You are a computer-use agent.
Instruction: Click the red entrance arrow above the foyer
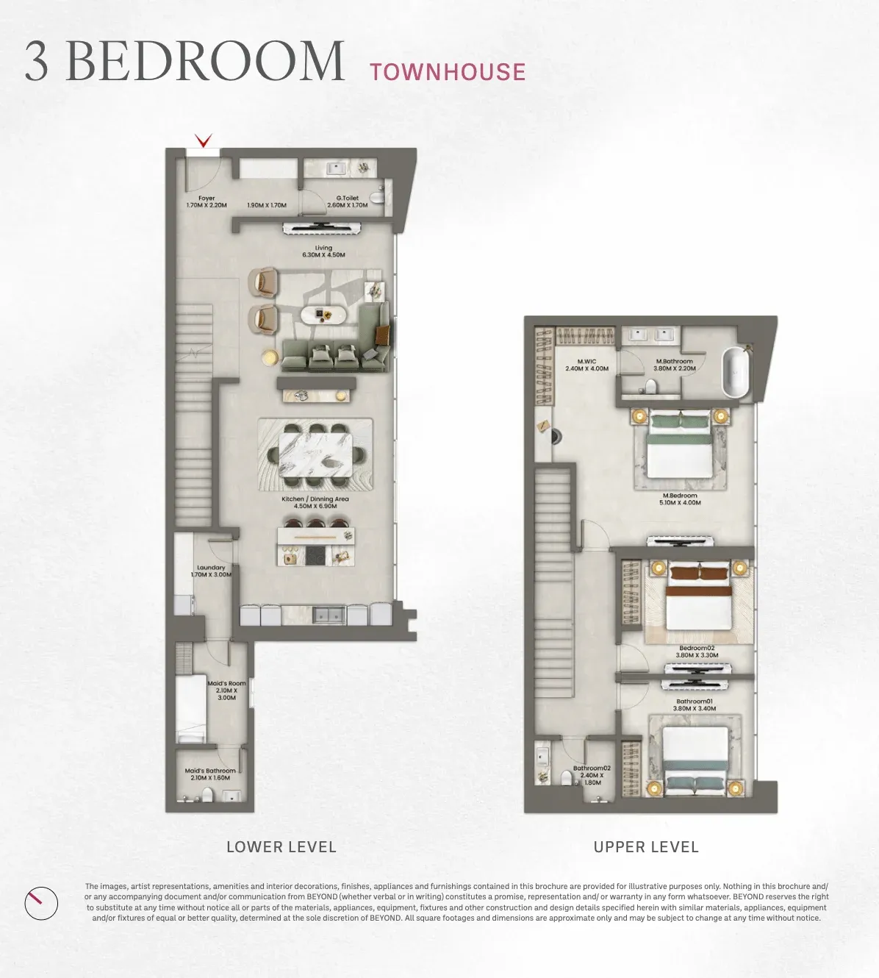[204, 141]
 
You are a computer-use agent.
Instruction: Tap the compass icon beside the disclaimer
[41, 904]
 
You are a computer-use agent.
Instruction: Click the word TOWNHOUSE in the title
[448, 71]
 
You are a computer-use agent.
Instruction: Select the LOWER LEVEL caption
[281, 847]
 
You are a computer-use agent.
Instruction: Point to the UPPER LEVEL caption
[646, 847]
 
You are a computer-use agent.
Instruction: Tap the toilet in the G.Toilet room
[377, 197]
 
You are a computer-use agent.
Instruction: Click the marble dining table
[315, 455]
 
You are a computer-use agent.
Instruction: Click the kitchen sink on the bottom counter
[329, 615]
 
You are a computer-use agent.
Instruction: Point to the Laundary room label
[211, 568]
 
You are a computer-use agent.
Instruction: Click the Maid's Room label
[226, 684]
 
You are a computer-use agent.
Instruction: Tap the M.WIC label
[587, 362]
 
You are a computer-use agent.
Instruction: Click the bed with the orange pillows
[699, 596]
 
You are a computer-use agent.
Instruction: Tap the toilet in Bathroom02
[567, 777]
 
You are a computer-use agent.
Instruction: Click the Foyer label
[207, 199]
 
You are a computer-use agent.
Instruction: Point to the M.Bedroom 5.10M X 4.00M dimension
[680, 503]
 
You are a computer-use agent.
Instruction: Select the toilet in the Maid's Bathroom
[207, 796]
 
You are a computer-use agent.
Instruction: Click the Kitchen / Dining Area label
[315, 499]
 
